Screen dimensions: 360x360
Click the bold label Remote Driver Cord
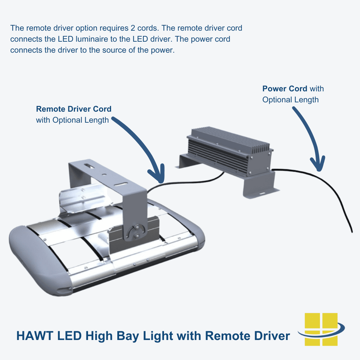click(x=74, y=109)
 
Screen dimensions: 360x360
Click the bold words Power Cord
click(x=285, y=89)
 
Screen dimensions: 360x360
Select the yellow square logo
click(x=321, y=329)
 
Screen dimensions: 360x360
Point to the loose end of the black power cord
click(x=351, y=231)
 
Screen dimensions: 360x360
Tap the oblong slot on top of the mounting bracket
click(x=88, y=165)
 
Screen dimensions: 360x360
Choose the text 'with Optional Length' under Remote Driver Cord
click(x=72, y=120)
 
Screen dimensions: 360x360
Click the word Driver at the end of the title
click(x=270, y=336)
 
